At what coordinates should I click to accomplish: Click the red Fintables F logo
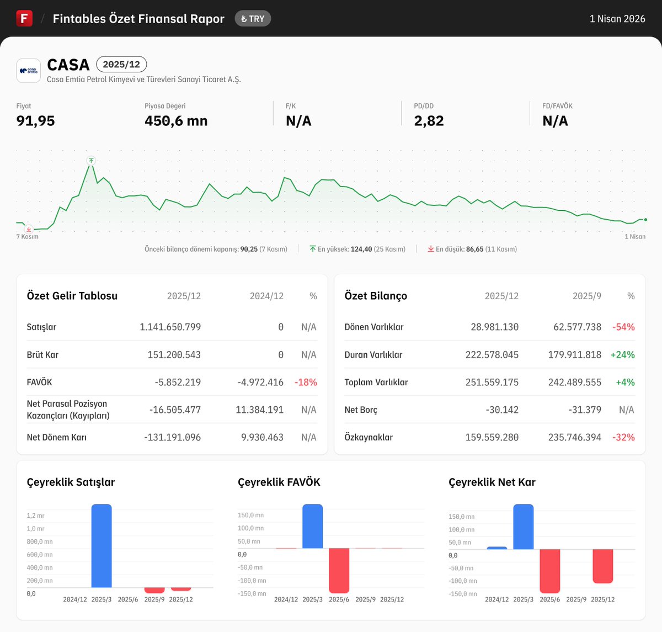click(24, 18)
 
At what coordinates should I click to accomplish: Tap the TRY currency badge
click(253, 19)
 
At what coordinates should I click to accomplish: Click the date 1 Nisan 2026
click(617, 19)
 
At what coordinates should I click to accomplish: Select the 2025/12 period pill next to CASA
click(121, 65)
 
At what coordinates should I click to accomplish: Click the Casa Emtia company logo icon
click(28, 71)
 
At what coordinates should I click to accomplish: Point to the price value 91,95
click(36, 121)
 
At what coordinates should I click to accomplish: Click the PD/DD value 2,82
click(429, 121)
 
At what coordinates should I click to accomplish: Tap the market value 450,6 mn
click(176, 121)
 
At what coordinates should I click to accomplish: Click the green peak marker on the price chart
click(91, 161)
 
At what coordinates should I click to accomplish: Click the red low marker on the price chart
click(29, 229)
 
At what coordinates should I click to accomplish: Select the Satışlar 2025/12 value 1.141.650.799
click(170, 327)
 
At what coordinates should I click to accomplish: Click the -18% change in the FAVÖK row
click(306, 382)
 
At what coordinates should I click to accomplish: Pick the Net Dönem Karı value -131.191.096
click(172, 437)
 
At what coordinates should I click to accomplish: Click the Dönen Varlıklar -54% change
click(623, 327)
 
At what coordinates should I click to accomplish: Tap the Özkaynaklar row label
click(369, 437)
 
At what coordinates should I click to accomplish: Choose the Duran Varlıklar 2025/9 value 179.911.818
click(574, 354)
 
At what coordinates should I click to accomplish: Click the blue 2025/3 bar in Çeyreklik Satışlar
click(102, 545)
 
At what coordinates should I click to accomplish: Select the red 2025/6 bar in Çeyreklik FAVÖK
click(339, 570)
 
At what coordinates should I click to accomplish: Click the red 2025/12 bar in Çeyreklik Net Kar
click(602, 566)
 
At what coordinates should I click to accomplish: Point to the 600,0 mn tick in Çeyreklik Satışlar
click(40, 555)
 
